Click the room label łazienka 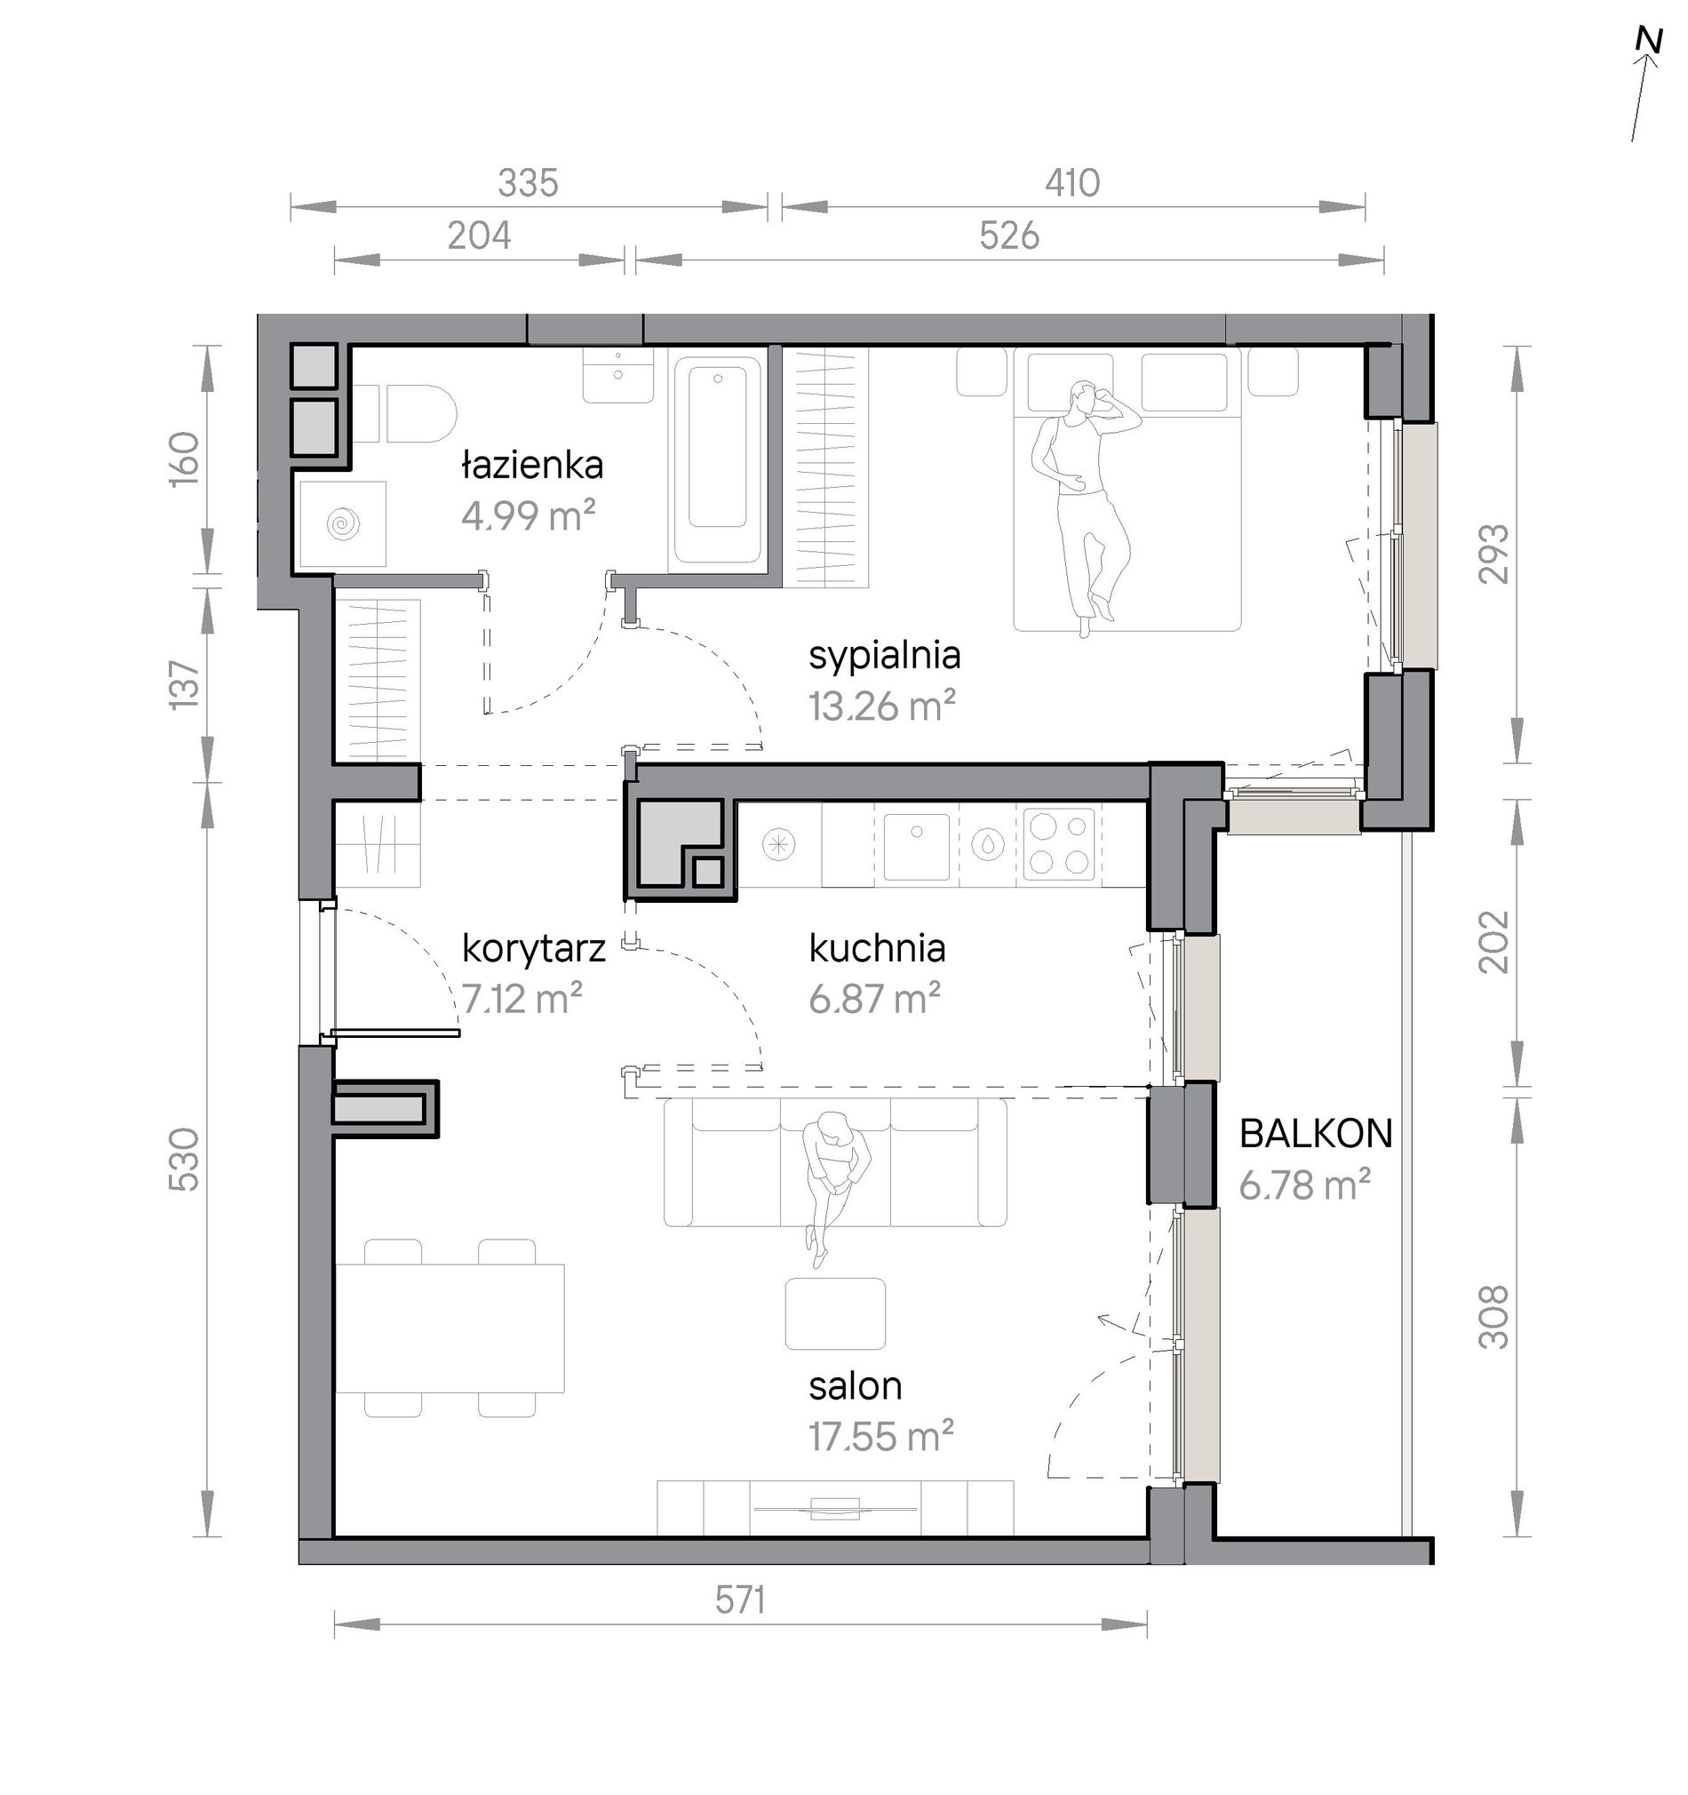(531, 466)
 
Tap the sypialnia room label (885, 656)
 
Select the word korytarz (532, 949)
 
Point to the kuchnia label (877, 948)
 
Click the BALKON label (1315, 1133)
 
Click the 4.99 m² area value (528, 516)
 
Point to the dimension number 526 (1009, 235)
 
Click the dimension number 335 (528, 183)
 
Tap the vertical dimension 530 (184, 1160)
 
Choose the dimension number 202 (1493, 942)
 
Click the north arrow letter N (1648, 66)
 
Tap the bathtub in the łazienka (718, 462)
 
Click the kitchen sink (916, 846)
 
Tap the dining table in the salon (450, 1328)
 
